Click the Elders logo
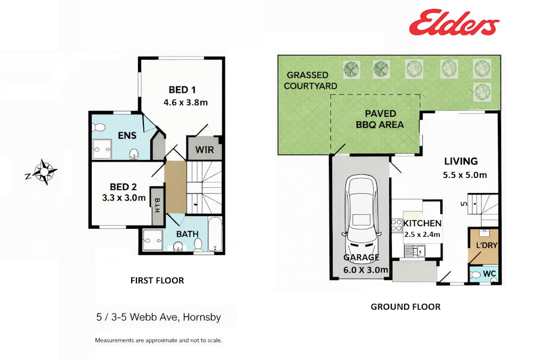pos(454,23)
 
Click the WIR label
pos(205,150)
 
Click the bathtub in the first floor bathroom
pos(215,235)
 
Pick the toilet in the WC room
pos(475,275)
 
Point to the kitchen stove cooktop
pos(396,225)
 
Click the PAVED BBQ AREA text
pos(380,119)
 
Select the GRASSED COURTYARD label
pos(310,81)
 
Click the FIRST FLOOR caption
pos(157,280)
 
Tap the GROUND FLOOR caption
pos(406,307)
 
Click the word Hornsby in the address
pos(202,317)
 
